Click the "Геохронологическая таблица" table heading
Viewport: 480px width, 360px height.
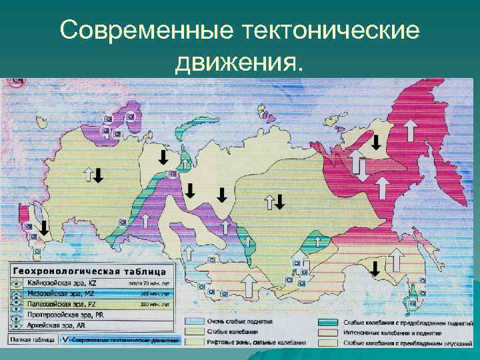tap(93, 271)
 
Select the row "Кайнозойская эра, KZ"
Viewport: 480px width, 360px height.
tap(61, 284)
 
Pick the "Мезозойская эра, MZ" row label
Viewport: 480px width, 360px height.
tap(59, 294)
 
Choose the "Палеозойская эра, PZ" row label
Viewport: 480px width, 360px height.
tap(59, 304)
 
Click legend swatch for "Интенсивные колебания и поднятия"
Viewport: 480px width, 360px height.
tap(329, 332)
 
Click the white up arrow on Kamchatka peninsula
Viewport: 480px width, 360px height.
tap(411, 127)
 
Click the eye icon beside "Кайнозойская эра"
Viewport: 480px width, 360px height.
tap(16, 284)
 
